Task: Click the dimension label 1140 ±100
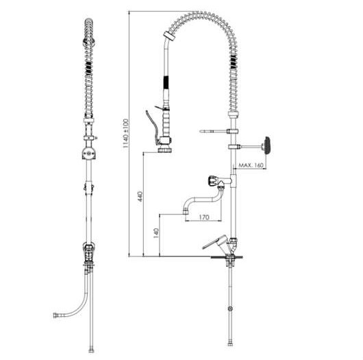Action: (125, 134)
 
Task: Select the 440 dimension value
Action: (140, 196)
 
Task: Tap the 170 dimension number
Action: (203, 217)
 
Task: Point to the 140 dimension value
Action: (156, 233)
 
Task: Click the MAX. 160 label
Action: (251, 165)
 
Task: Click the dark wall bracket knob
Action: (267, 145)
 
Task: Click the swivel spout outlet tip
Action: (186, 211)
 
